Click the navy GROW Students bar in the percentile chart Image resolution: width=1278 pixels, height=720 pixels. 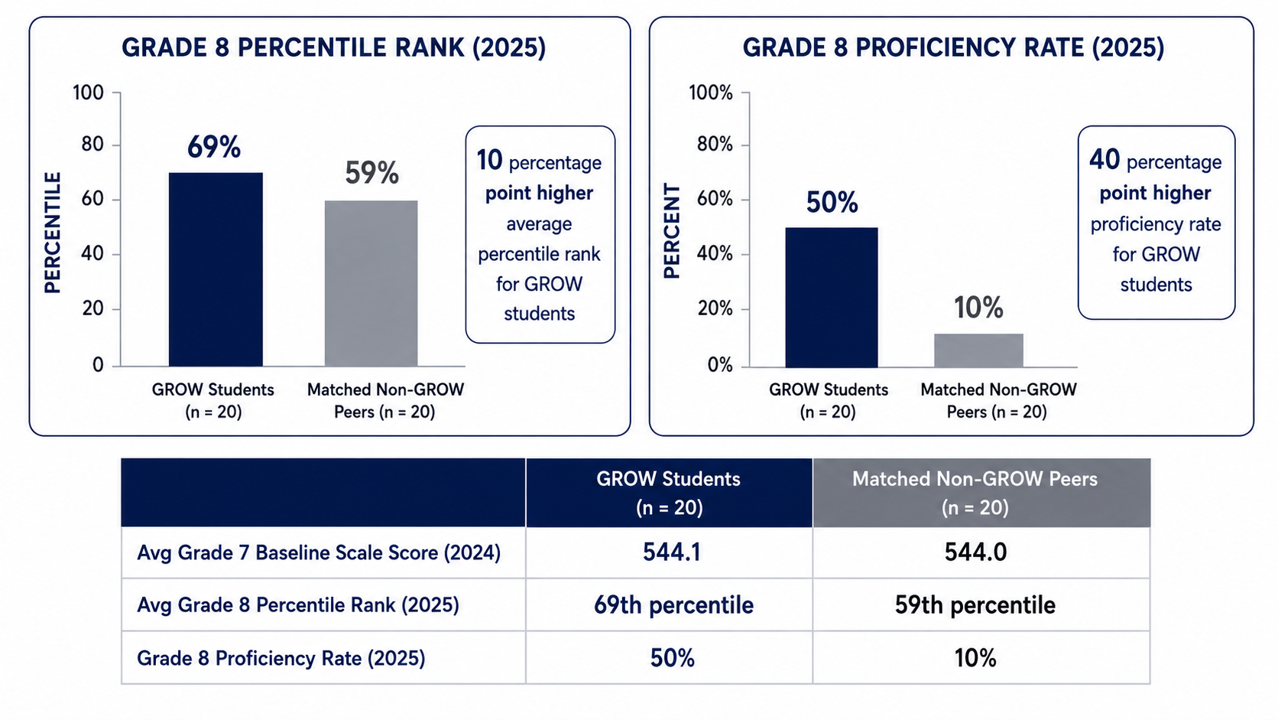216,269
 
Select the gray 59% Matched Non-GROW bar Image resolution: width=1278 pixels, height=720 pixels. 371,283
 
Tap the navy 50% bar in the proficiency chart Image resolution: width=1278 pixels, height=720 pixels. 832,297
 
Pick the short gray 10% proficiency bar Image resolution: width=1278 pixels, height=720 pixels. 978,350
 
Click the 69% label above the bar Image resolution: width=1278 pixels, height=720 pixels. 214,147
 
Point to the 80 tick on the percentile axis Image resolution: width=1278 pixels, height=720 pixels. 92,144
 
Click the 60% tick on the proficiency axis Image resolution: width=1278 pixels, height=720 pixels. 715,199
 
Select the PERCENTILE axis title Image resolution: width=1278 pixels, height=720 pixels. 53,233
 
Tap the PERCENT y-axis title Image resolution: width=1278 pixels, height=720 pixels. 672,231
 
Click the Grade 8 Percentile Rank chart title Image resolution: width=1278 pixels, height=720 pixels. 334,47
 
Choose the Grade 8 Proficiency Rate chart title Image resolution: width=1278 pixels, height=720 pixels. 953,47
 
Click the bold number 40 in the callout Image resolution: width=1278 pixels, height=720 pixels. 1104,159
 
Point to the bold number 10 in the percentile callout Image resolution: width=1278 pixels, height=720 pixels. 489,161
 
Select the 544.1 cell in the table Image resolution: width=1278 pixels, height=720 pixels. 672,552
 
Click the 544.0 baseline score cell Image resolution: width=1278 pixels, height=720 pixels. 975,552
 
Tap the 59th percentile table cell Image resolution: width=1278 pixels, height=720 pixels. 975,604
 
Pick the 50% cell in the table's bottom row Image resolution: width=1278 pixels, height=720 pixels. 673,658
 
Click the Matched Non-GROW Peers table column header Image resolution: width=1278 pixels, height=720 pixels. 975,493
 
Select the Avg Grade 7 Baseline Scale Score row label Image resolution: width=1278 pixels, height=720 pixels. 319,552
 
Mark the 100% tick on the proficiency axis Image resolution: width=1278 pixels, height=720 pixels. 711,93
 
